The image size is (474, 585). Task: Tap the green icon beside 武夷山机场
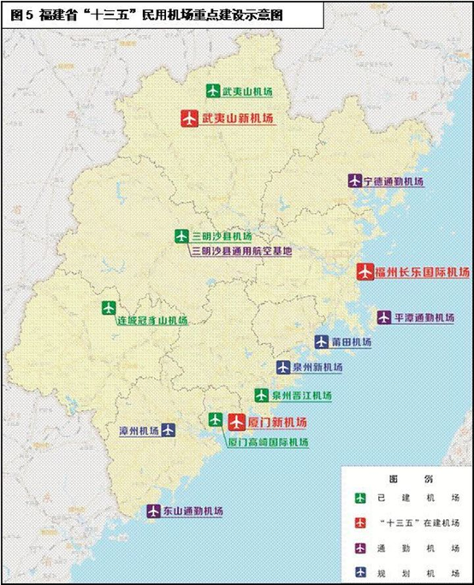(x=211, y=91)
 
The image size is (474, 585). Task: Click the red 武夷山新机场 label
(x=238, y=119)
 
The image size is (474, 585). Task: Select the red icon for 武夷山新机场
(x=189, y=119)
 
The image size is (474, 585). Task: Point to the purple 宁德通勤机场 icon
(x=354, y=181)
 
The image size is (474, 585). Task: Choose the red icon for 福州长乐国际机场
(x=365, y=271)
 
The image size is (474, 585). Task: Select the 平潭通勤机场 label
(x=424, y=317)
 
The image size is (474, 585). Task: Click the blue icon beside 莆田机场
(x=321, y=341)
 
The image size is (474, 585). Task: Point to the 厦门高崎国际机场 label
(x=267, y=442)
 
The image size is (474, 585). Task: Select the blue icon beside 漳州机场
(x=167, y=430)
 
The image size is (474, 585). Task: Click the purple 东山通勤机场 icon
(x=154, y=511)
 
